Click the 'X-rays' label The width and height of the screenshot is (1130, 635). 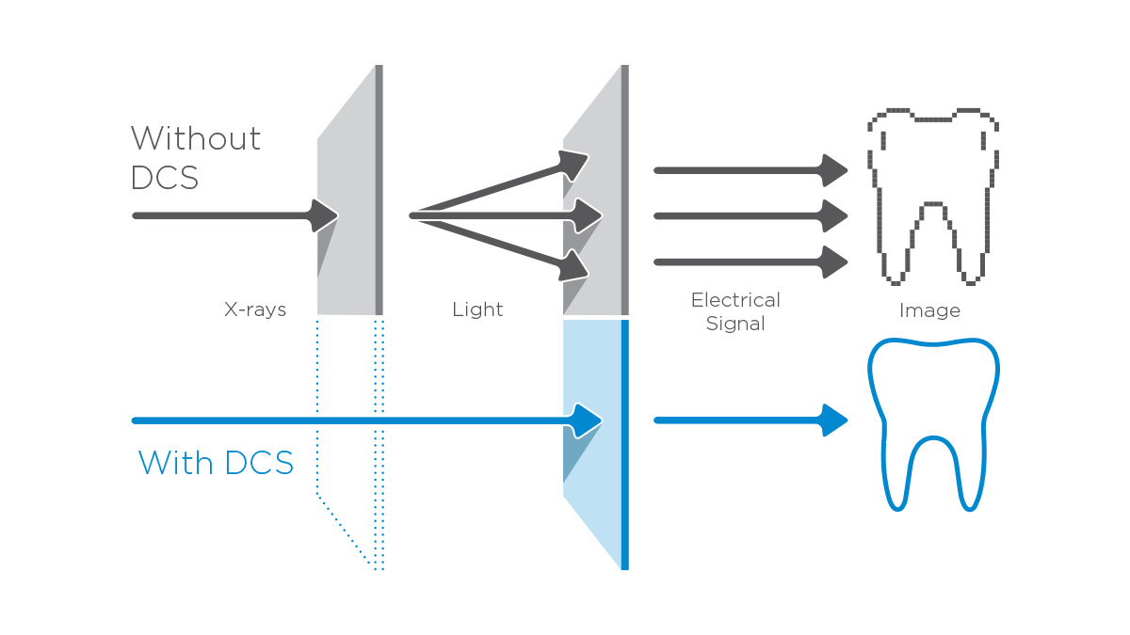pyautogui.click(x=255, y=310)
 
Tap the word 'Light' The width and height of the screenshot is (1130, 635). pyautogui.click(x=477, y=310)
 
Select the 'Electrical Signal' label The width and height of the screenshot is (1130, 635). pyautogui.click(x=735, y=311)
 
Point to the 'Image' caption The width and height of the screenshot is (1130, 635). pyautogui.click(x=929, y=310)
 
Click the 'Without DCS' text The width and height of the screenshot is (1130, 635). pyautogui.click(x=195, y=157)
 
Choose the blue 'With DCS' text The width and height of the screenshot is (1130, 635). pyautogui.click(x=216, y=463)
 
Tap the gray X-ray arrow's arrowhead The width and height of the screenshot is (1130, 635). pyautogui.click(x=323, y=215)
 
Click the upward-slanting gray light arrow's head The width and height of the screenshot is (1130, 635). pyautogui.click(x=573, y=164)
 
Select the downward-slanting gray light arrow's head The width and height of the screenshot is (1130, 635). pyautogui.click(x=573, y=267)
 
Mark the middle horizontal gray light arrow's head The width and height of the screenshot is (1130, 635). pyautogui.click(x=588, y=215)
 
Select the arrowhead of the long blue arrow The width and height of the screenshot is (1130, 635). pyautogui.click(x=587, y=420)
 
